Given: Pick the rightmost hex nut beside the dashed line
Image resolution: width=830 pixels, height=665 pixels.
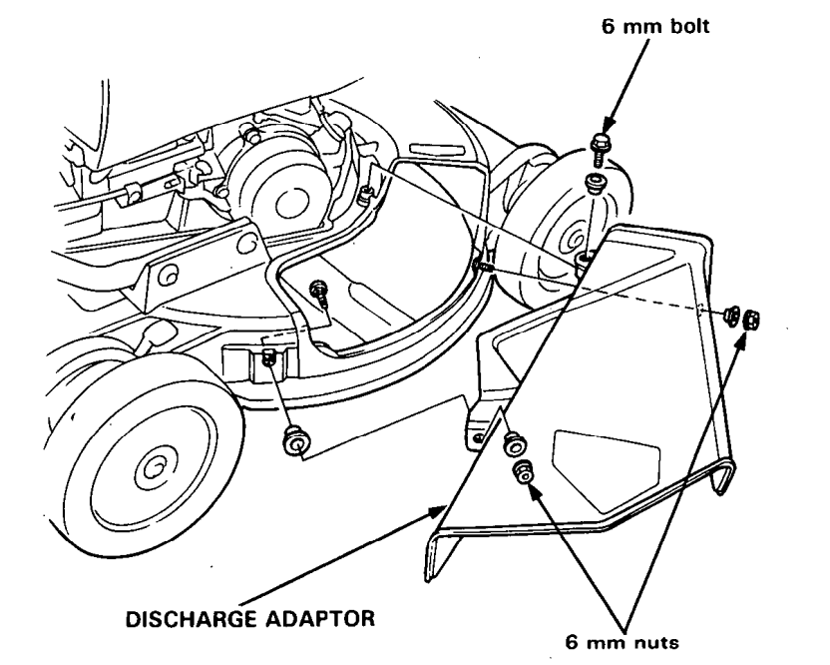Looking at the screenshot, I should click(748, 321).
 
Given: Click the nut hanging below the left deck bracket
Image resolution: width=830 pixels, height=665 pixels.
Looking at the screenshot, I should click(296, 440).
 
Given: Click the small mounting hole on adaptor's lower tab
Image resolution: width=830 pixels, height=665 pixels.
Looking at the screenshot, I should click(480, 436).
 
